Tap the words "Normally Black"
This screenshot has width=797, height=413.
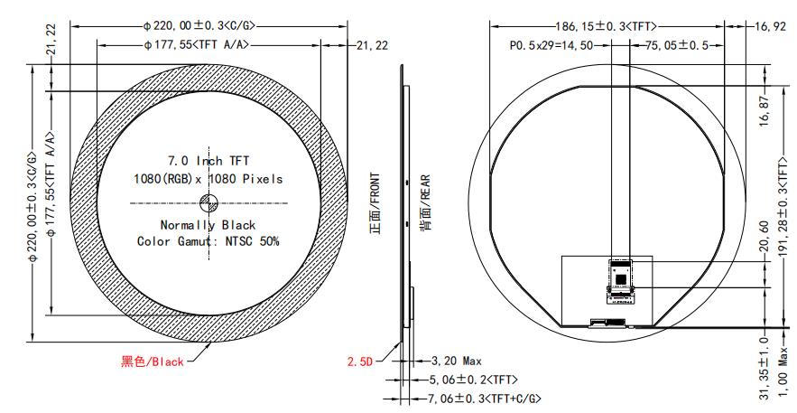[208, 224]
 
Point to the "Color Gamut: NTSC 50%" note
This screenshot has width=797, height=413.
[208, 241]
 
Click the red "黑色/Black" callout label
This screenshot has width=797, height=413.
[153, 361]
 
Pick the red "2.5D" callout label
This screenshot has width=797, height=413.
[360, 361]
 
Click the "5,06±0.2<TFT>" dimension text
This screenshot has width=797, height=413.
[473, 380]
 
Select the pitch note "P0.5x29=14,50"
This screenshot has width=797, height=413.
[549, 44]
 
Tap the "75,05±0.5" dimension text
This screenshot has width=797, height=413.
[664, 44]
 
